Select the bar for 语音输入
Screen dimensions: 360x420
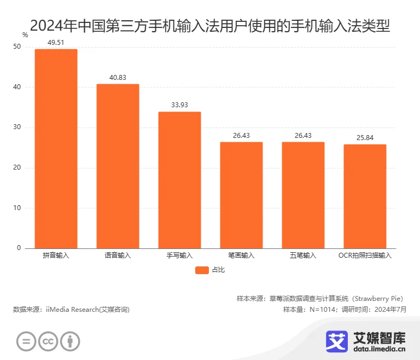118,166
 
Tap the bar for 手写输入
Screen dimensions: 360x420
179,180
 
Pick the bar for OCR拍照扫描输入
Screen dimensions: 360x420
365,196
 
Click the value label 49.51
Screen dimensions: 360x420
56,42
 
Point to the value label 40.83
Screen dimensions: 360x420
118,77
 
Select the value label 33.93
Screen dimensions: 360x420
179,105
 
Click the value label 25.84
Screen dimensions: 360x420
365,137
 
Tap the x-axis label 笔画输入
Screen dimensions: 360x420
241,256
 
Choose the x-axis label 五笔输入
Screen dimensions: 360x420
303,256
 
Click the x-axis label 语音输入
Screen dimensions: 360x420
118,256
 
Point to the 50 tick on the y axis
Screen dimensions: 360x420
17,47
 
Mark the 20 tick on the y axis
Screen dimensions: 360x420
17,168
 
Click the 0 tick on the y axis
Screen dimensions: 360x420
19,248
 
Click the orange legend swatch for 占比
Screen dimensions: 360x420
202,270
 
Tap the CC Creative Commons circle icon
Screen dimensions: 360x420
48,342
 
